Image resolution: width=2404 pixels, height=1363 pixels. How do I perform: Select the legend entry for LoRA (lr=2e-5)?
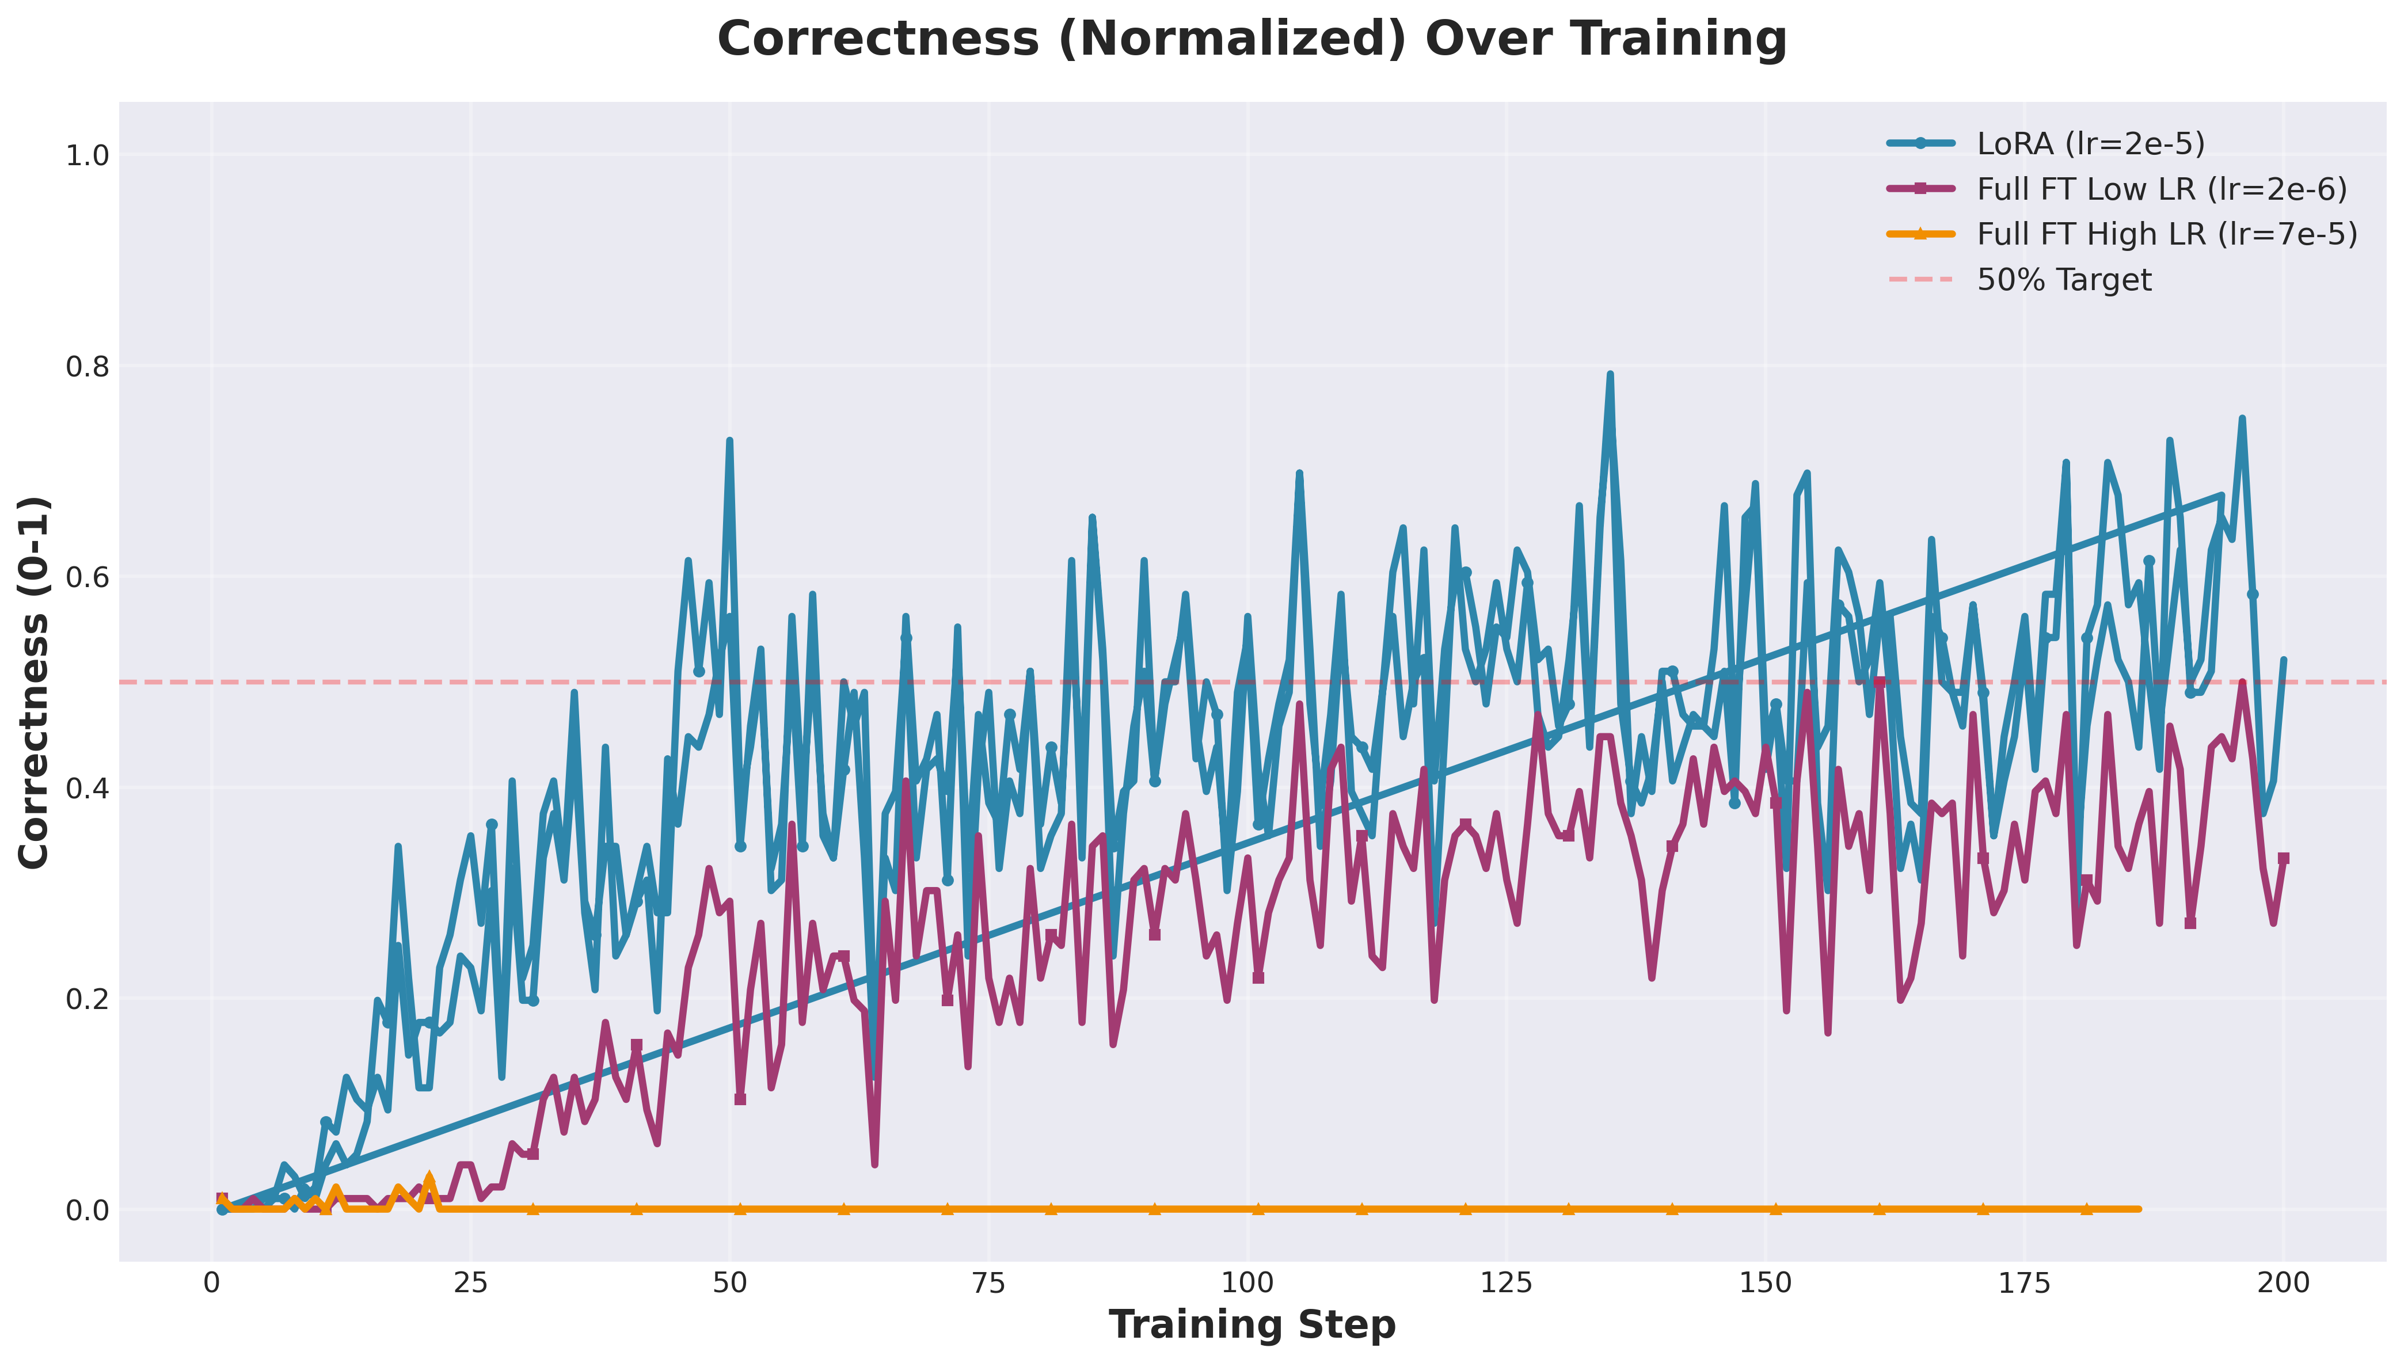(x=2090, y=143)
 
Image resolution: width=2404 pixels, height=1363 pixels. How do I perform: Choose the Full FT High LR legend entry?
(x=2166, y=234)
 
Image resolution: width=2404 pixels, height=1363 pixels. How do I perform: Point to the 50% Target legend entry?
(x=2063, y=280)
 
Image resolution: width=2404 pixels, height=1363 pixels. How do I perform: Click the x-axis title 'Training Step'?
(x=1252, y=1324)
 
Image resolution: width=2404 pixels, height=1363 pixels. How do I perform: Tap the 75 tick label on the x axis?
(x=988, y=1282)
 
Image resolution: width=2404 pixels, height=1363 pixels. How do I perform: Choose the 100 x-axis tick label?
(x=1247, y=1282)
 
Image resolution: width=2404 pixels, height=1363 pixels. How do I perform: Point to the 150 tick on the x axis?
(x=1764, y=1282)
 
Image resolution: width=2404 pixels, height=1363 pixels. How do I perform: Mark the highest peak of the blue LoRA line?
(x=1610, y=375)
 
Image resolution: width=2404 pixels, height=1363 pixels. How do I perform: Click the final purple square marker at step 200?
(x=2283, y=858)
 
